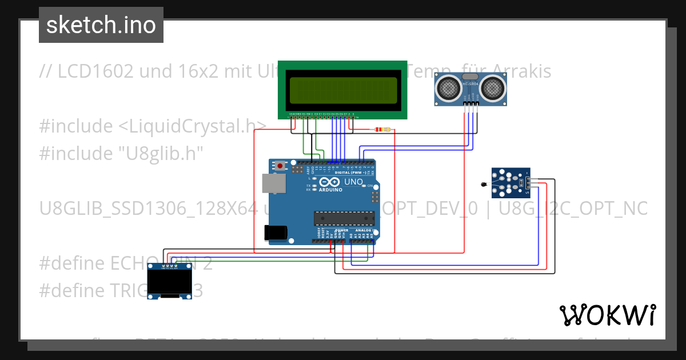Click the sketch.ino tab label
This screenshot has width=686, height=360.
[101, 25]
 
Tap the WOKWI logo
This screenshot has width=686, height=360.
[607, 315]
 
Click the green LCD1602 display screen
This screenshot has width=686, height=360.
[343, 90]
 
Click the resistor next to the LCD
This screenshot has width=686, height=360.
[382, 129]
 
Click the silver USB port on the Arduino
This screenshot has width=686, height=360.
[273, 183]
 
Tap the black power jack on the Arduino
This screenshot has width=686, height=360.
[274, 232]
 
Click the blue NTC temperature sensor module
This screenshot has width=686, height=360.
[510, 183]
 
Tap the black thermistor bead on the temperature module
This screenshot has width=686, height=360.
[484, 184]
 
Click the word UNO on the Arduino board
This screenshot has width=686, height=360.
[354, 182]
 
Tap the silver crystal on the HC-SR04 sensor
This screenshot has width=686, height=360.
[470, 77]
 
